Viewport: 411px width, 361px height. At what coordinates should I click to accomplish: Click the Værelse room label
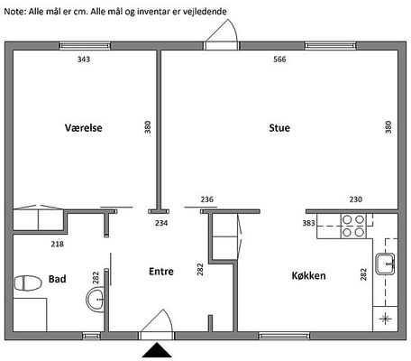[x=84, y=128]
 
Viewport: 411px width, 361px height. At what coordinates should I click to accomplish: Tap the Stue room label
[x=279, y=128]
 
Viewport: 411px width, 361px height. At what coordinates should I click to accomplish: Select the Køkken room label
[x=308, y=275]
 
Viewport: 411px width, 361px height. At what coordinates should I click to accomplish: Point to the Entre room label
[x=161, y=272]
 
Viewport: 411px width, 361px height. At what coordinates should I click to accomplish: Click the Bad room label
[x=58, y=279]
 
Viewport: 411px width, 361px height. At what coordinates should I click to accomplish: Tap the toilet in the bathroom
[x=28, y=283]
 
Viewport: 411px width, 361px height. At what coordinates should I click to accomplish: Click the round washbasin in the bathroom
[x=96, y=300]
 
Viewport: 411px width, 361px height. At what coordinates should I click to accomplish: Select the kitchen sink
[x=385, y=264]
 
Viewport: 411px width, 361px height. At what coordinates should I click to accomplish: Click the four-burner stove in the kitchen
[x=353, y=226]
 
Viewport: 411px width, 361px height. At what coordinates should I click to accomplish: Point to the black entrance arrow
[x=157, y=350]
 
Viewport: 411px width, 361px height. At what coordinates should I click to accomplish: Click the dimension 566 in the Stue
[x=279, y=60]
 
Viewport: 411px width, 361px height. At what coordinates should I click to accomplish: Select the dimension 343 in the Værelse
[x=84, y=60]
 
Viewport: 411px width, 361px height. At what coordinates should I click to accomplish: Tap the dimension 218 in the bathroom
[x=57, y=244]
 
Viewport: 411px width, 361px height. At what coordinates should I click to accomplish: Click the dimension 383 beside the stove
[x=308, y=223]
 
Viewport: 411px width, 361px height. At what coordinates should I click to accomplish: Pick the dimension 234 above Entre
[x=161, y=223]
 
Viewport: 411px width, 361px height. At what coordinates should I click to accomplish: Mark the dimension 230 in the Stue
[x=356, y=199]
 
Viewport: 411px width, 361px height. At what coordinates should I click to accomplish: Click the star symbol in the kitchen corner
[x=385, y=319]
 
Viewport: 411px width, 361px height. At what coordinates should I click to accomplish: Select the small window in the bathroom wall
[x=92, y=336]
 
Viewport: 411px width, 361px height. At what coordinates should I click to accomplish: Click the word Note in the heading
[x=15, y=12]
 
